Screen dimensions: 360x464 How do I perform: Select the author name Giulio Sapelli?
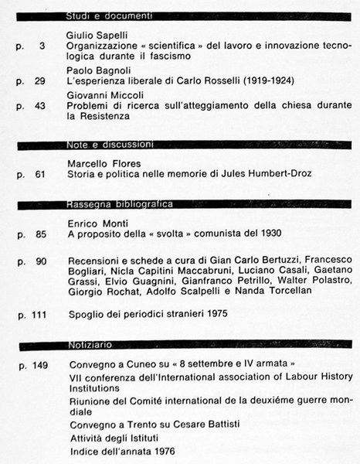pos(95,35)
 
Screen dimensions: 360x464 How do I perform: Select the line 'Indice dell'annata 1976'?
pos(121,450)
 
